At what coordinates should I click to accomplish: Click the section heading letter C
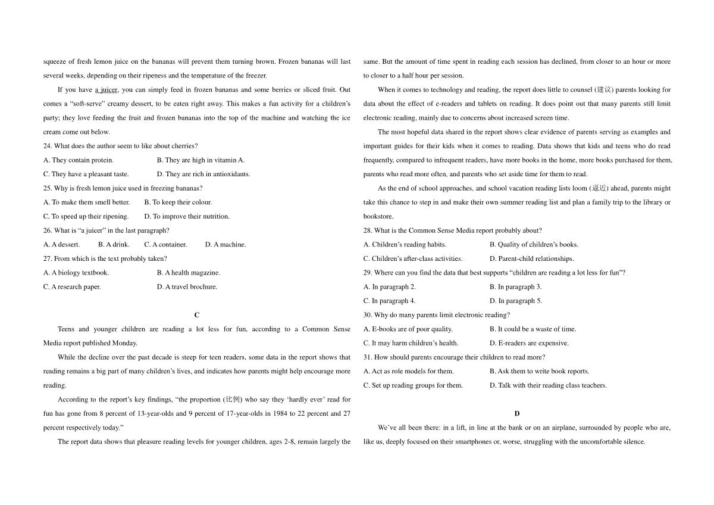click(x=197, y=315)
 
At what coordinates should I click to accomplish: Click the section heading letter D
click(x=517, y=413)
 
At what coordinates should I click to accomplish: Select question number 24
click(x=48, y=146)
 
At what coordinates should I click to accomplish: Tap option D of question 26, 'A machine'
click(x=226, y=244)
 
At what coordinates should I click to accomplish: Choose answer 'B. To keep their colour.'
click(x=178, y=202)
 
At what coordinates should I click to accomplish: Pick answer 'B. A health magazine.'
click(x=189, y=273)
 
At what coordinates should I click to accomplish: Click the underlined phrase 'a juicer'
click(x=107, y=90)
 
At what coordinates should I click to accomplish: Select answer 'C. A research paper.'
click(x=72, y=287)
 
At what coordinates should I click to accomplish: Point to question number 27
click(x=48, y=258)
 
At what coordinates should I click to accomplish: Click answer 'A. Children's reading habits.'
click(x=405, y=245)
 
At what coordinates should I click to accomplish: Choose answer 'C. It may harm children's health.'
click(x=411, y=343)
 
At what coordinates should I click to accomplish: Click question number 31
click(x=368, y=357)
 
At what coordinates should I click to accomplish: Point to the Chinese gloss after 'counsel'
click(x=603, y=90)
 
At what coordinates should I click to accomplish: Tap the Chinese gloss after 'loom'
click(x=599, y=188)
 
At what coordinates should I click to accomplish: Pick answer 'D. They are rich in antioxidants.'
click(x=203, y=174)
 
